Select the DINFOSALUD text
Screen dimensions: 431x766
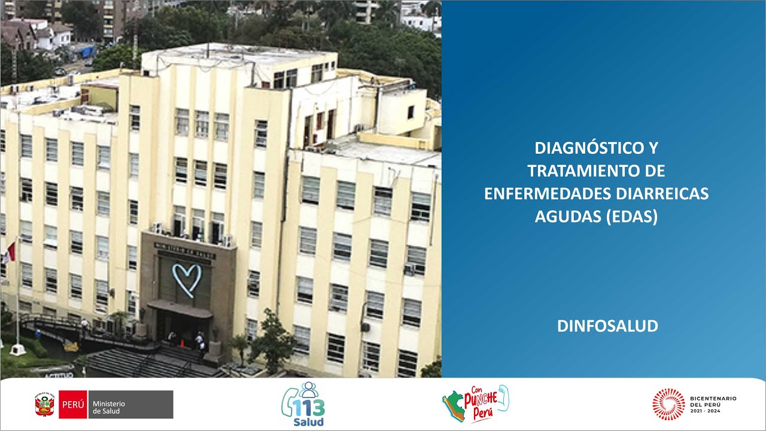point(607,326)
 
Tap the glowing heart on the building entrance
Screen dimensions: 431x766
point(187,280)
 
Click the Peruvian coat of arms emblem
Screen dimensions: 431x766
point(45,405)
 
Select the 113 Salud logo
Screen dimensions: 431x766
point(303,405)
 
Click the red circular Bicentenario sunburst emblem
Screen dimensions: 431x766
point(668,404)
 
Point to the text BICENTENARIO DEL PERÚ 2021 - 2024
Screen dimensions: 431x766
point(713,404)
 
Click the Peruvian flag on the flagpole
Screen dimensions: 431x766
point(8,253)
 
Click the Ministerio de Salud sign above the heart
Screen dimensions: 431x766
point(185,247)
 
